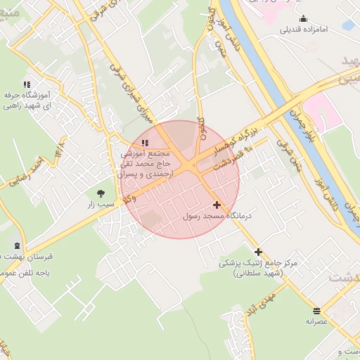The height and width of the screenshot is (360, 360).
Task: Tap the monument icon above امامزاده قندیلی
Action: tap(303, 19)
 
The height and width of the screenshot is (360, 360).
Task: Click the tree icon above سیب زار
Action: tap(101, 193)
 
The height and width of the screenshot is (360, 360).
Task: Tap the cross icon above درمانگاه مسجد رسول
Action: tap(217, 205)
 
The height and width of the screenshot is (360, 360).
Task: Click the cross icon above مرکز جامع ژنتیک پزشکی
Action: tap(259, 251)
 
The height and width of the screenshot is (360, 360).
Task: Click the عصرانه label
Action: tap(316, 321)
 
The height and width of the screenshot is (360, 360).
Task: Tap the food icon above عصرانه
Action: tap(316, 310)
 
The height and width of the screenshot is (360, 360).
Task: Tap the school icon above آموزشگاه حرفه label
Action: tap(27, 84)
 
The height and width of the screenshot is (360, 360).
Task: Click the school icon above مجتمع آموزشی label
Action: tap(146, 143)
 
